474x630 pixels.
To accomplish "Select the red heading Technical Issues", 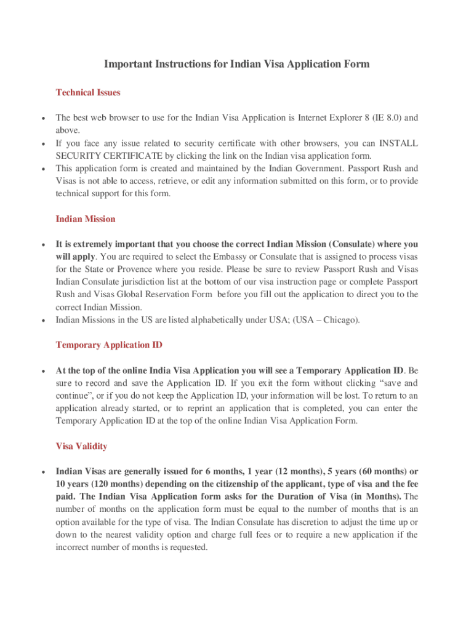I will point(88,92).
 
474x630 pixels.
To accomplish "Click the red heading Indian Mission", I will point(86,219).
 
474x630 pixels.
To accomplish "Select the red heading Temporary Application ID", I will point(109,345).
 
